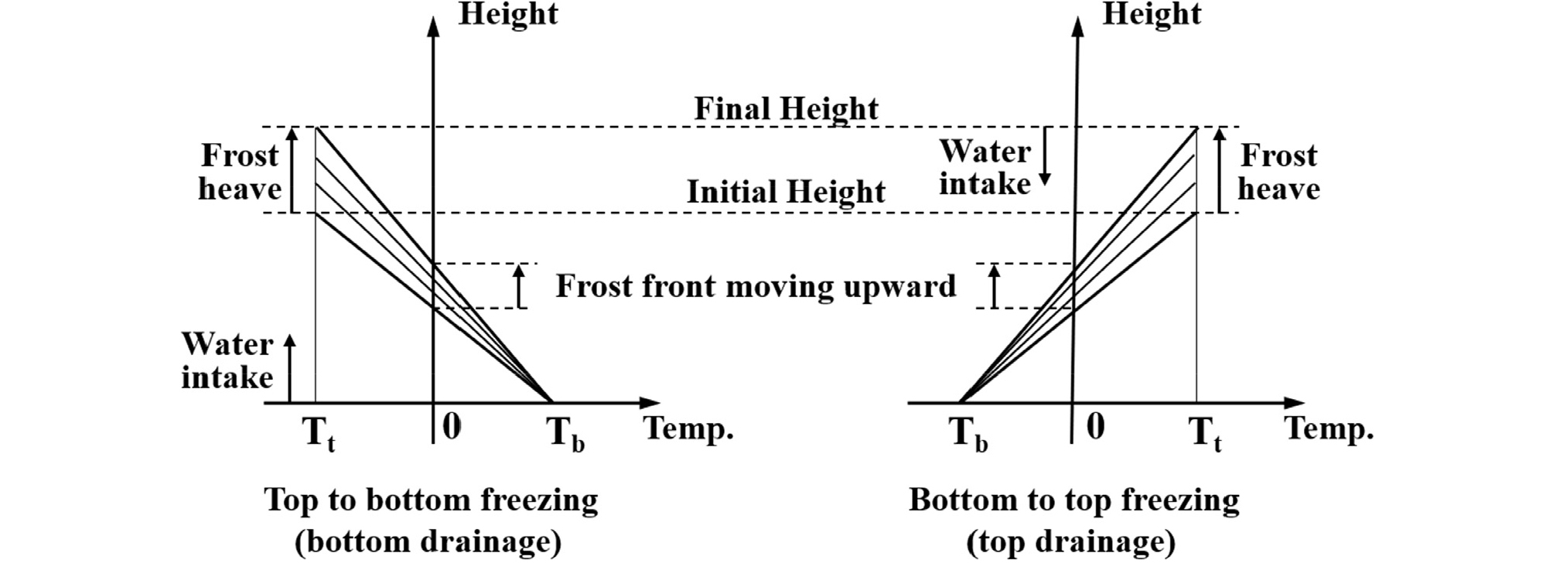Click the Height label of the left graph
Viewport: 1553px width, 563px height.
pos(508,15)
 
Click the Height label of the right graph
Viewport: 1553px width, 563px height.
pos(1152,15)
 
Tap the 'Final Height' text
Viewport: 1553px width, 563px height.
pos(786,109)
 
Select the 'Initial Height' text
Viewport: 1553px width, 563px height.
pos(786,192)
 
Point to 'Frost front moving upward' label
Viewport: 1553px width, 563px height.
pos(756,286)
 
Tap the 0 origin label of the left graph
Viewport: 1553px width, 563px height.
pos(452,426)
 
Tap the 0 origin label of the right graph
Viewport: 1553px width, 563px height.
pos(1095,426)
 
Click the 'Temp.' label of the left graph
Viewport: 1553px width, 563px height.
pos(688,428)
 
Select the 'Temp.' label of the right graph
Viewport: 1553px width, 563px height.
pos(1329,428)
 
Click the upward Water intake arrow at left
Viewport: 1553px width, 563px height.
pos(290,369)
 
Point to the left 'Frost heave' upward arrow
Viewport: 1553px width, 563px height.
pos(292,170)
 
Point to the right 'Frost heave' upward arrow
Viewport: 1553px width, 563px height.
pos(1220,170)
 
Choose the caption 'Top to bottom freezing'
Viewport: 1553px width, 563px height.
pos(431,500)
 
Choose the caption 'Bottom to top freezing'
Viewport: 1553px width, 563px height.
pos(1073,500)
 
